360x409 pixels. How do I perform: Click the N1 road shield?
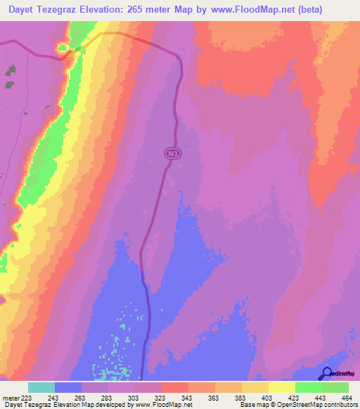172,152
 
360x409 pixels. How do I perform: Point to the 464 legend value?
345,398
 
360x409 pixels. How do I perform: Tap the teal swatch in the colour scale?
41,387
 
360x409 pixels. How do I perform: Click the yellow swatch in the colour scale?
282,387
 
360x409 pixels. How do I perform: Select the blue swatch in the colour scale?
68,387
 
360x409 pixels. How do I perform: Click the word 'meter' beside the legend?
11,398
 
